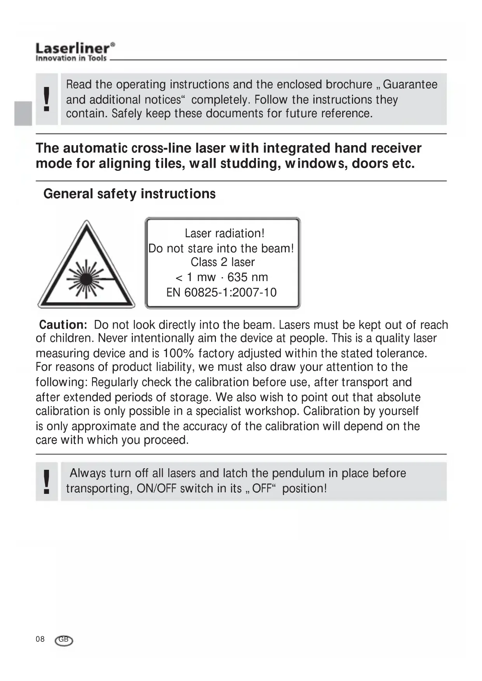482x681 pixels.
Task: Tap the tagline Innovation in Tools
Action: point(71,58)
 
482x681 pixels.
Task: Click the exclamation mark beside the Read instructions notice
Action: point(47,99)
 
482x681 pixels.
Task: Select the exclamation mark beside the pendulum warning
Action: point(47,481)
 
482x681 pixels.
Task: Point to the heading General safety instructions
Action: point(129,194)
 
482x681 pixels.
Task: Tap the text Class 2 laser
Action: point(223,262)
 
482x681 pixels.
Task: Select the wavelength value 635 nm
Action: point(248,277)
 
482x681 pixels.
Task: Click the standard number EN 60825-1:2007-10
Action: point(221,292)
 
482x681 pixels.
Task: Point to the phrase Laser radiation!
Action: point(224,233)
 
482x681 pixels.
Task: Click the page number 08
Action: point(40,639)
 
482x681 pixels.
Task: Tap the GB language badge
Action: point(64,640)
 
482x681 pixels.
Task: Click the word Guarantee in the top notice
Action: point(410,84)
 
